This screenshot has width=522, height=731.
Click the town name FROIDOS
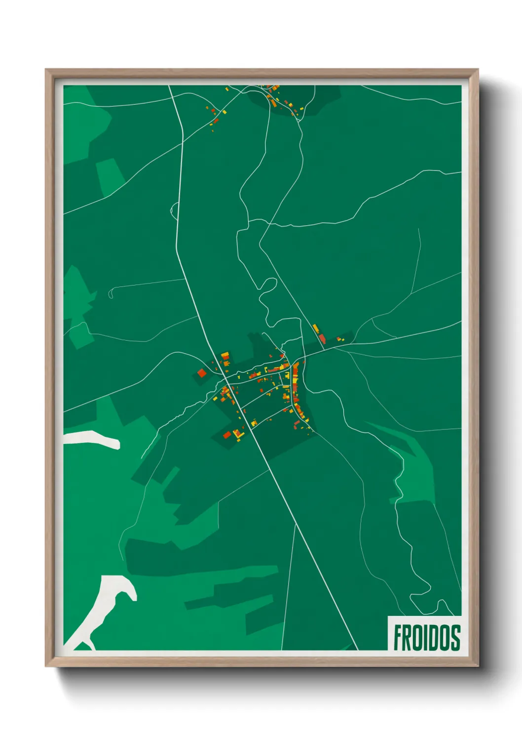coord(427,637)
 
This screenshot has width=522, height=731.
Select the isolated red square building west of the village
coord(201,373)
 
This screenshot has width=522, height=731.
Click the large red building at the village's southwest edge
coord(227,435)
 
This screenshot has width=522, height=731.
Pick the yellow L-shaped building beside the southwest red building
coord(237,434)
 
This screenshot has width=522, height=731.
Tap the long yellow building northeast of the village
coord(315,328)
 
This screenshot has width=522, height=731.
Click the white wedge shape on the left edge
coord(94,439)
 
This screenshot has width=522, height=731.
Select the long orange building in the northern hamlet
coord(272,102)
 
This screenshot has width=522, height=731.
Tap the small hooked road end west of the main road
coord(111,293)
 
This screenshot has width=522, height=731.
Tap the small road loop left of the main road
coord(174,210)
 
